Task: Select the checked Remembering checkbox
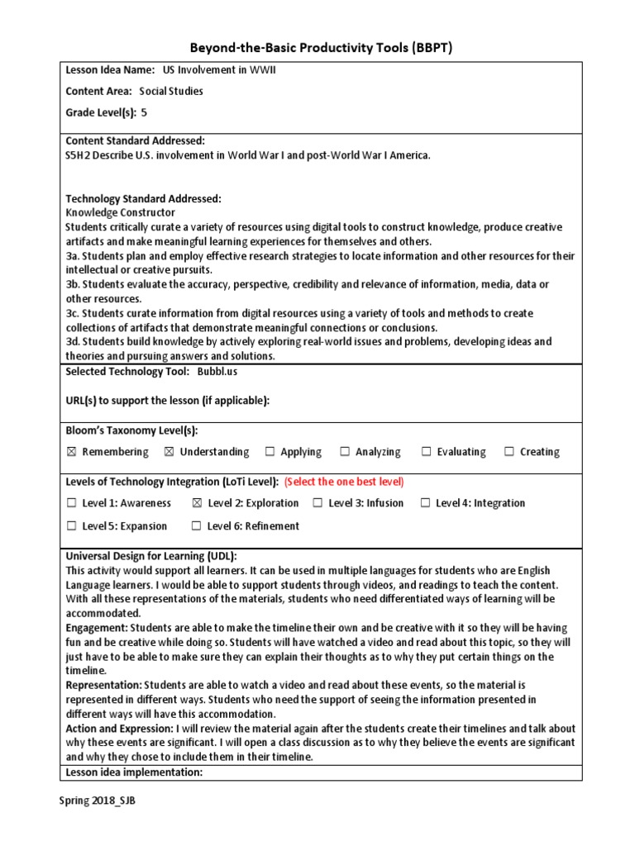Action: coord(71,452)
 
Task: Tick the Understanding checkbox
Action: coord(169,452)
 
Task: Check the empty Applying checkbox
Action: coord(270,452)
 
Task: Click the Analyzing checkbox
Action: coord(345,452)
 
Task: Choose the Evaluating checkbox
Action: coord(427,452)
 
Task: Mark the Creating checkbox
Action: coord(509,452)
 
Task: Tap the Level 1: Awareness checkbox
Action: coord(71,503)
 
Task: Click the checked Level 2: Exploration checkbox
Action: coord(197,503)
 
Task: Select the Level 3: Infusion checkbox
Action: coord(317,503)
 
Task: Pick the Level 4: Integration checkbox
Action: coord(425,503)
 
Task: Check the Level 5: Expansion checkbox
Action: coord(71,526)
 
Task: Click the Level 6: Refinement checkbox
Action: coord(196,526)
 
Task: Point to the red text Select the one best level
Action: coord(344,482)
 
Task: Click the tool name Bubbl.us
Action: coord(218,373)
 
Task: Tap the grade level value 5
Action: coord(145,112)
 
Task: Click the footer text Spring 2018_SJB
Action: coord(97,802)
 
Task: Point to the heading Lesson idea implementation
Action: coord(134,772)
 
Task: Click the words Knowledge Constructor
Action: coord(120,212)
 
